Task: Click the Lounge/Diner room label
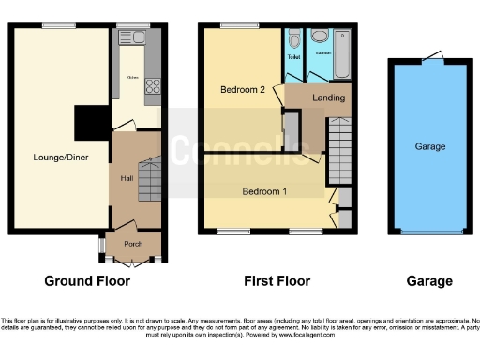point(61,157)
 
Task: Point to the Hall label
point(126,177)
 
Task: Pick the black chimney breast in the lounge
point(91,121)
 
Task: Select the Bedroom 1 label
point(263,191)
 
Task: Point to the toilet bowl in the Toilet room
point(294,39)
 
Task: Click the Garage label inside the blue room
point(430,146)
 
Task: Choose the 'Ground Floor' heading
point(87,280)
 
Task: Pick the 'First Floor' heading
point(275,280)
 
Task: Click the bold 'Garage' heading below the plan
point(430,280)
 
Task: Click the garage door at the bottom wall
point(430,232)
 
